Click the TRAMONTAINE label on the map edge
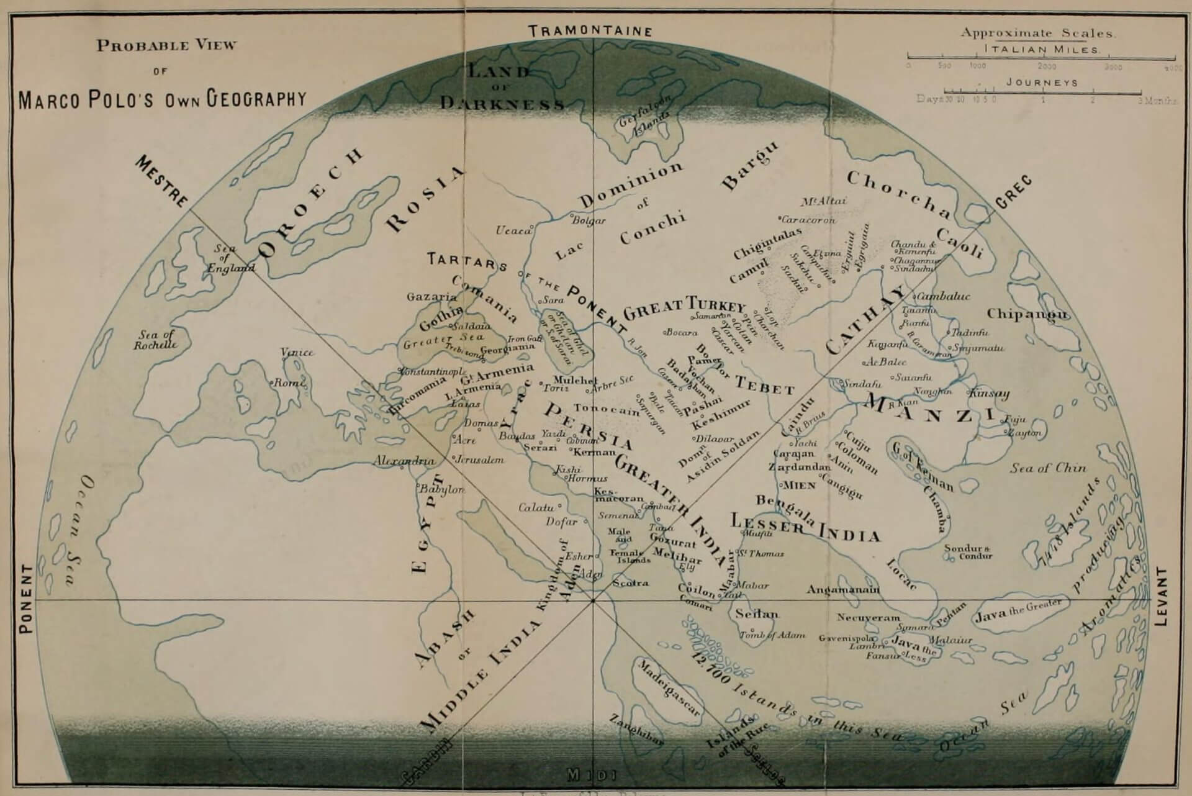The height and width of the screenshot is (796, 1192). pyautogui.click(x=589, y=31)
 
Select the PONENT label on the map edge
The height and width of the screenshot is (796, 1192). pyautogui.click(x=25, y=599)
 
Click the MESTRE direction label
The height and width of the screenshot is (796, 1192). pyautogui.click(x=161, y=181)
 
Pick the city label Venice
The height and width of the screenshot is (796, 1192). pyautogui.click(x=297, y=353)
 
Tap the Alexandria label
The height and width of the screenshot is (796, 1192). pyautogui.click(x=404, y=461)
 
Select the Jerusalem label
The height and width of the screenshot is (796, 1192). pyautogui.click(x=479, y=461)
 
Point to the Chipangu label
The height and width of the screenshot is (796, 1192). pyautogui.click(x=1027, y=314)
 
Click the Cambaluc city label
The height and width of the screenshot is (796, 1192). pyautogui.click(x=944, y=297)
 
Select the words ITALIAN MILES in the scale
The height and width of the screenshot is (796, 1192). pyautogui.click(x=1042, y=50)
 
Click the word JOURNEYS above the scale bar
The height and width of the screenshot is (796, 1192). pyautogui.click(x=1042, y=83)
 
